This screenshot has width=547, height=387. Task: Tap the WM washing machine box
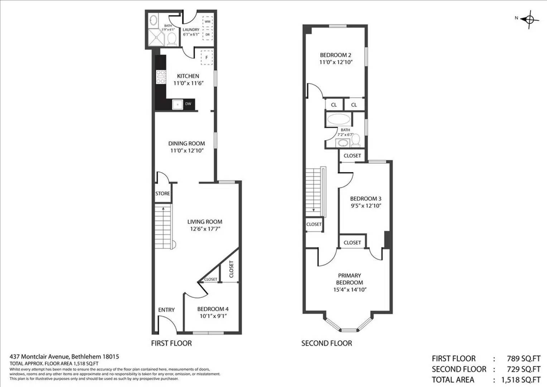(207, 21)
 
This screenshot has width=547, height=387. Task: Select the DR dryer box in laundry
(207, 34)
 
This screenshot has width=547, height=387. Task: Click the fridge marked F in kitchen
(207, 57)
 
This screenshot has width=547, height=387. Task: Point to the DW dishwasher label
(188, 104)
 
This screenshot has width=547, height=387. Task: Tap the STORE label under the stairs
(163, 193)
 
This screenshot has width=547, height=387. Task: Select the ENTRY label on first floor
(166, 310)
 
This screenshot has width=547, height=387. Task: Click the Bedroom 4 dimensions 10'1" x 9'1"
(213, 316)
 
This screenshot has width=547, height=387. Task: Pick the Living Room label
(205, 222)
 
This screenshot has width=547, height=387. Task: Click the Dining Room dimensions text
(187, 150)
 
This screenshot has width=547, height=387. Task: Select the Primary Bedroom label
(349, 279)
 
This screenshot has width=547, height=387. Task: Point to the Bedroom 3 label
(365, 199)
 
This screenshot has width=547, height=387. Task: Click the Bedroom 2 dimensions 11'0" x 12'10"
(336, 62)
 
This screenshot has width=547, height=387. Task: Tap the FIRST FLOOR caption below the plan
(171, 343)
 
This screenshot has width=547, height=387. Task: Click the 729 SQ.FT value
(523, 369)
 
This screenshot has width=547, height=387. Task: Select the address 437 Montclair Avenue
(40, 357)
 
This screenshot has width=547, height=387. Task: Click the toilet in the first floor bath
(172, 38)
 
